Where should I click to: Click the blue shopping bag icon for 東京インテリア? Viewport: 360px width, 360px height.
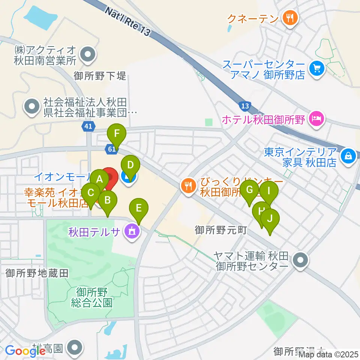(x=348, y=156)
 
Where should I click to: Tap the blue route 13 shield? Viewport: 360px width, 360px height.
(x=245, y=106)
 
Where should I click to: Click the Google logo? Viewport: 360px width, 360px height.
(x=25, y=351)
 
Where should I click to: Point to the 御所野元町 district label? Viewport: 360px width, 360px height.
(x=220, y=230)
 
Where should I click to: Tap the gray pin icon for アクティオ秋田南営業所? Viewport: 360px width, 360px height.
(x=88, y=54)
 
